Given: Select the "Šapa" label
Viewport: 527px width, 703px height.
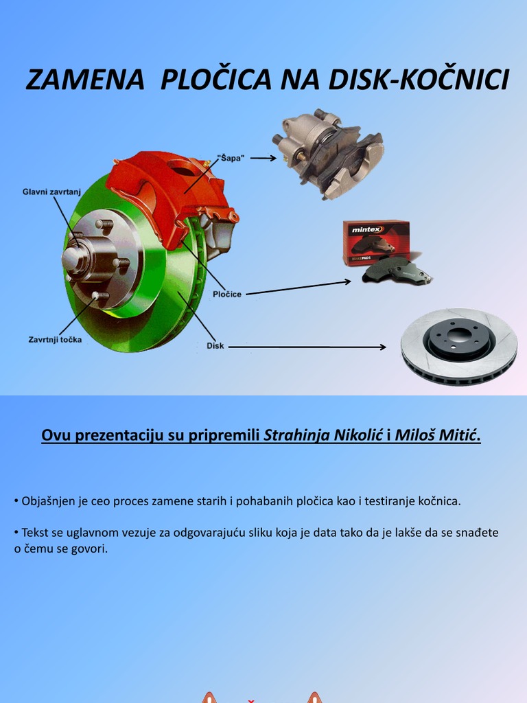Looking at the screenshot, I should point(231,158).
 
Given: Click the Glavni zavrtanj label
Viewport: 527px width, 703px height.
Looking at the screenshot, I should point(51,192).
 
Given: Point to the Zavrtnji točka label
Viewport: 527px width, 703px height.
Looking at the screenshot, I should point(55,339).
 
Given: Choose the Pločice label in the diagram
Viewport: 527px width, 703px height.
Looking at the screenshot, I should point(226,294).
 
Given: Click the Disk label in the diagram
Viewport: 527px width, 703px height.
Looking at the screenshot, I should point(215,346).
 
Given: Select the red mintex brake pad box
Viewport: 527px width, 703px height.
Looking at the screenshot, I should point(375,240).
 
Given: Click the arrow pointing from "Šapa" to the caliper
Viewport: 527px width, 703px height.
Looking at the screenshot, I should point(263,158).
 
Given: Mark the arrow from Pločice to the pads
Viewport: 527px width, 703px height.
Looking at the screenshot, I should point(298,288).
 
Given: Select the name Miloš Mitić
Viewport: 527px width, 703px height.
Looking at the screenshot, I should point(436,435).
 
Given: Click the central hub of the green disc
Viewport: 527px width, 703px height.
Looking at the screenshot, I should point(77,258).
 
